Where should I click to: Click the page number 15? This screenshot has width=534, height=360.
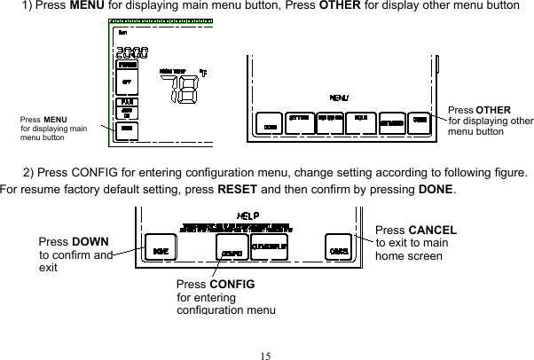point(266,355)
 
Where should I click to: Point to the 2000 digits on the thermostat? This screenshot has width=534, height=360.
point(131,54)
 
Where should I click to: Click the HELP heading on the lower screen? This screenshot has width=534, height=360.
point(246,215)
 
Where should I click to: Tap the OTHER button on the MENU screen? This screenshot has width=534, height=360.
point(420,121)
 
